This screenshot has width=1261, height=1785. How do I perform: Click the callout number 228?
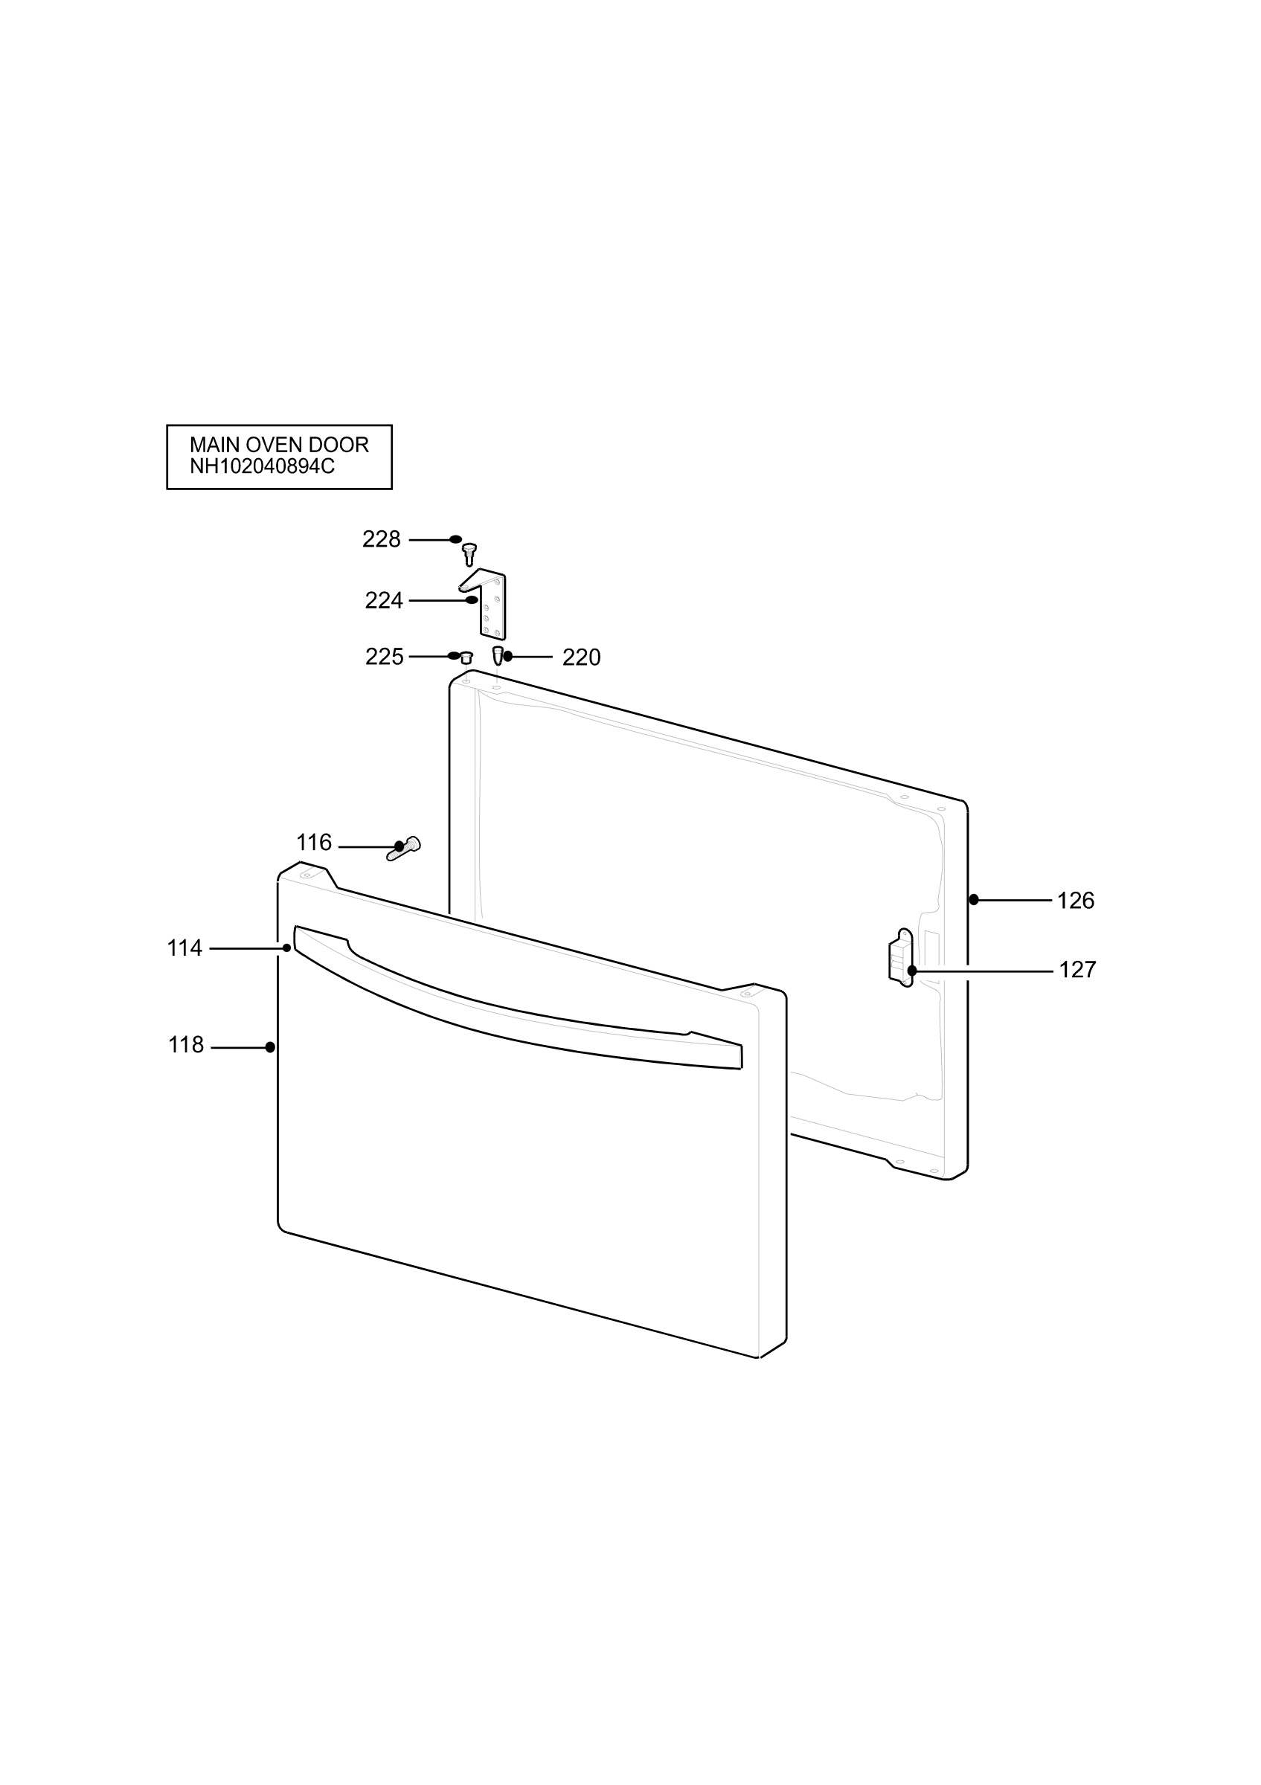[x=381, y=539]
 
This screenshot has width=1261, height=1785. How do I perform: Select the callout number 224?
[x=384, y=601]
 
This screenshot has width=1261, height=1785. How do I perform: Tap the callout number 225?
[x=384, y=657]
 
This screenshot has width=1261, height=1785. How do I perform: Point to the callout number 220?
[x=582, y=657]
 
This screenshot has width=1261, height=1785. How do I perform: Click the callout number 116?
[x=314, y=843]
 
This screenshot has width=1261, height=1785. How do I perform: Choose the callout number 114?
[x=185, y=948]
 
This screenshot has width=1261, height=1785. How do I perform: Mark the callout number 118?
[x=186, y=1046]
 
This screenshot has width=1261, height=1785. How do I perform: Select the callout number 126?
[x=1075, y=901]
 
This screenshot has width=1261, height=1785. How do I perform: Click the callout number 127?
[x=1077, y=971]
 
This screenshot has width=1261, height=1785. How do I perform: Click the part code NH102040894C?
[x=263, y=466]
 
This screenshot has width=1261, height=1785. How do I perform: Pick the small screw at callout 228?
[x=469, y=554]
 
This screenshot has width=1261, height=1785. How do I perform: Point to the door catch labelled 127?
[x=902, y=958]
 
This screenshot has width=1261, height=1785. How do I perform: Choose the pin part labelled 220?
[x=498, y=654]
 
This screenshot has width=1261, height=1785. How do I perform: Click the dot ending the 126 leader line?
[x=973, y=900]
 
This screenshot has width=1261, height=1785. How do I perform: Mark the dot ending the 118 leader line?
[x=270, y=1047]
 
